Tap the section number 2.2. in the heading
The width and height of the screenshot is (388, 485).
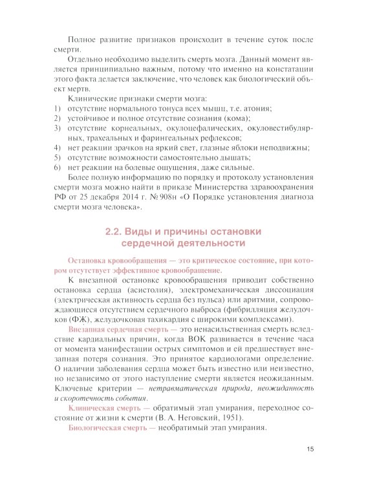pyautogui.click(x=116, y=232)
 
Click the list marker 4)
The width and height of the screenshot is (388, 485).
pyautogui.click(x=57, y=147)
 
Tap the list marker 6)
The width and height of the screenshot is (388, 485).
pyautogui.click(x=57, y=167)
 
